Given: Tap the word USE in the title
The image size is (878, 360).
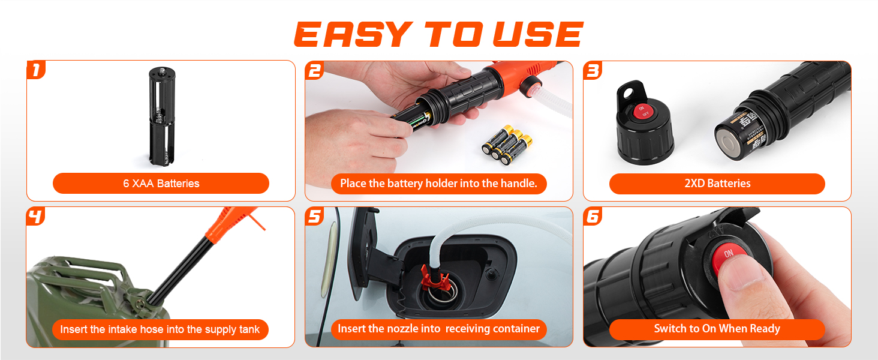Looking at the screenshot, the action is [539, 34].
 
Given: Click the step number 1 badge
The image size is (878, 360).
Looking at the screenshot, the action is [36, 70].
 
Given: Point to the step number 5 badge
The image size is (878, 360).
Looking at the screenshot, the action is [315, 217].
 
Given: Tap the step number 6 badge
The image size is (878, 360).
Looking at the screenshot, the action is [593, 217].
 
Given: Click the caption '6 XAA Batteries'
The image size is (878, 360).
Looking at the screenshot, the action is [161, 183].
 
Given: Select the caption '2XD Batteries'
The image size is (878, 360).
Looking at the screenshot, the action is [717, 183].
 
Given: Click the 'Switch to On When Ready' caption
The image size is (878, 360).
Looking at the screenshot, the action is [717, 329].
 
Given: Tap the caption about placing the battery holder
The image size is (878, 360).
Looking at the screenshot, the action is [438, 183].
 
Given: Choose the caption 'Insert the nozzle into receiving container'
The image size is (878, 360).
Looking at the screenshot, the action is [438, 329].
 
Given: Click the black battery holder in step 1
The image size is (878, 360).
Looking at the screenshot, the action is [161, 116].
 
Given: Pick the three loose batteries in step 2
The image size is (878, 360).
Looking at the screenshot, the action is [507, 145].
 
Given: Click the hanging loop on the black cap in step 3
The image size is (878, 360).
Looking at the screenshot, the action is [631, 93].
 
